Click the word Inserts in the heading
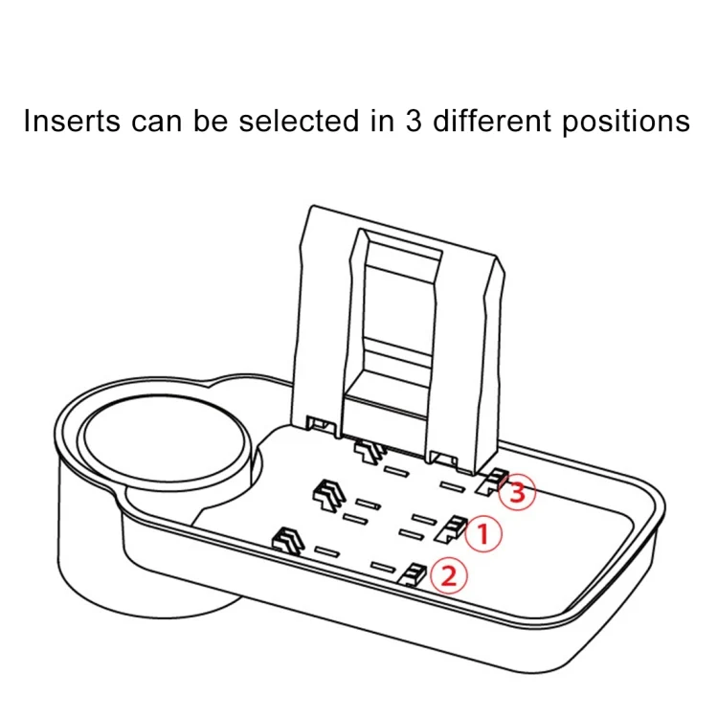click(72, 121)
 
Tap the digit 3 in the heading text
click(414, 121)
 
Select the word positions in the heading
click(626, 123)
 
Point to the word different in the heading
click(492, 121)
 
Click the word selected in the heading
click(299, 121)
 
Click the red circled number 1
click(483, 533)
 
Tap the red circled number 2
click(449, 575)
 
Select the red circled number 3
click(517, 492)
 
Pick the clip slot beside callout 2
click(413, 574)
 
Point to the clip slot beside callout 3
click(491, 482)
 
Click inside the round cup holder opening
click(164, 438)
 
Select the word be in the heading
click(211, 121)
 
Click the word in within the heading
click(382, 121)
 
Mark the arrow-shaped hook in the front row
click(289, 541)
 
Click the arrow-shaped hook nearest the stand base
click(370, 452)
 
